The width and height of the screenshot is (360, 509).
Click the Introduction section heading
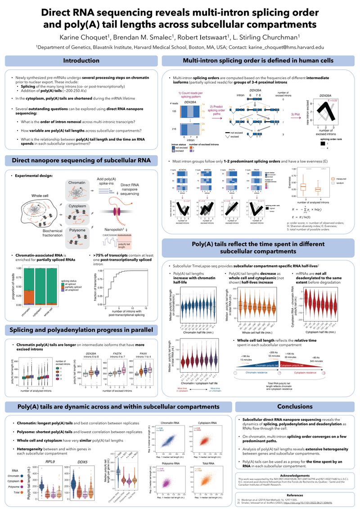tap(81, 61)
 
